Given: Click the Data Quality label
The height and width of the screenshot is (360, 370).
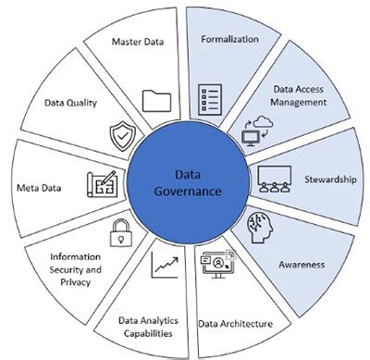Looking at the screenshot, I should (x=70, y=102).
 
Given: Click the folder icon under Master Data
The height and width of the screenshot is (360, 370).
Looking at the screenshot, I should (x=157, y=99).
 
